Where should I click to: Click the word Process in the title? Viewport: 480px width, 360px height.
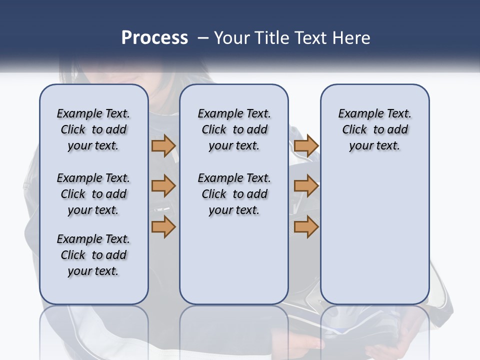click(154, 38)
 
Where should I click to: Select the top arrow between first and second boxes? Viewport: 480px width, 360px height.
click(163, 146)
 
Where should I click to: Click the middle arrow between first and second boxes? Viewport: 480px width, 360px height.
click(163, 186)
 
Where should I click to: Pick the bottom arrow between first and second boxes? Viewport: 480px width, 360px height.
click(163, 227)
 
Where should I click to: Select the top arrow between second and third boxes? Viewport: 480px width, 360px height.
click(306, 146)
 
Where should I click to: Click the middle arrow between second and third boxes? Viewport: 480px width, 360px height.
click(306, 186)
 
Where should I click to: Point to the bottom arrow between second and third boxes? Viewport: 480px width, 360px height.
click(306, 227)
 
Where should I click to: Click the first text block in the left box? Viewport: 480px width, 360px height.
click(93, 129)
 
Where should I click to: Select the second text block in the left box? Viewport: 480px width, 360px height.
click(93, 194)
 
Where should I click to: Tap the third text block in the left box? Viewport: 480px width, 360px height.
click(93, 255)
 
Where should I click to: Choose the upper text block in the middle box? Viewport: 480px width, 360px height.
click(234, 129)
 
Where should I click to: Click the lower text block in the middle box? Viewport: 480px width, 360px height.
click(234, 194)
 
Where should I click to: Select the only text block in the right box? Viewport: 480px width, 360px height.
click(374, 129)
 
